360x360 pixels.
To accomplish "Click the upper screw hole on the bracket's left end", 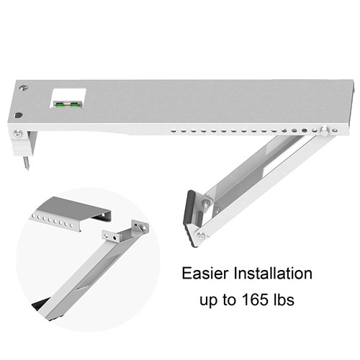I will pos(24,87).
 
